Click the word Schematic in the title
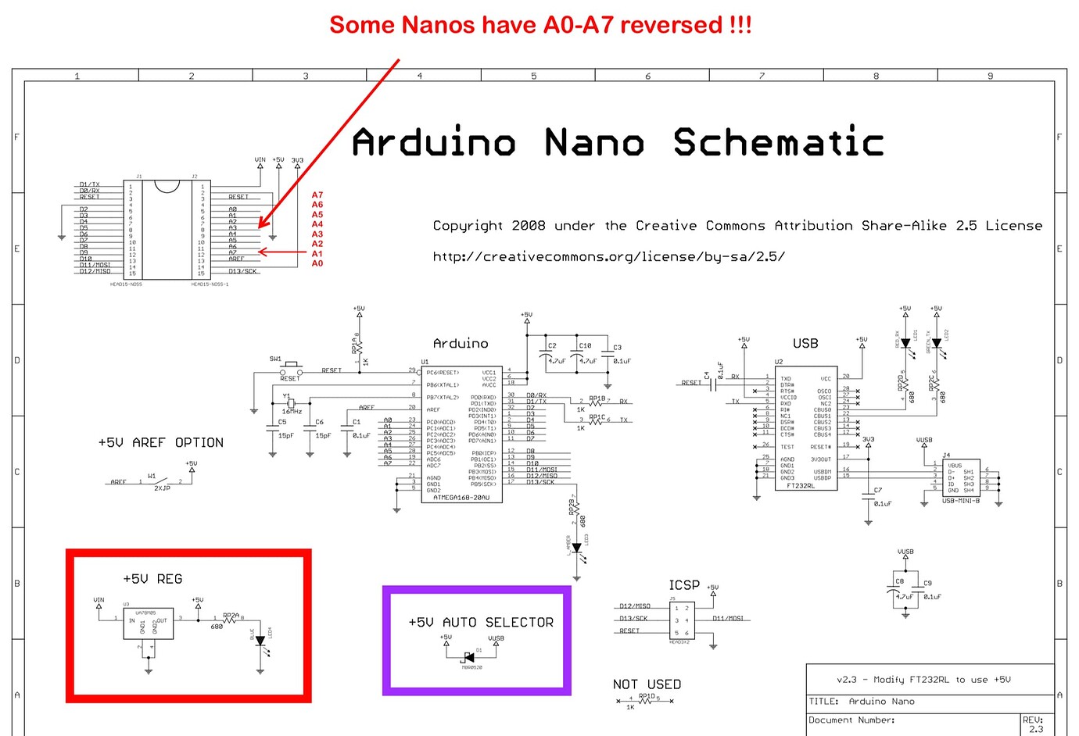pyautogui.click(x=778, y=143)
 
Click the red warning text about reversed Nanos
pyautogui.click(x=540, y=25)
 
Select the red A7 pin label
pyautogui.click(x=317, y=195)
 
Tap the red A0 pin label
pyautogui.click(x=317, y=263)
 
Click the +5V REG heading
pyautogui.click(x=152, y=579)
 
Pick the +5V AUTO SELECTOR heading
pyautogui.click(x=481, y=623)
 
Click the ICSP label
pyautogui.click(x=684, y=585)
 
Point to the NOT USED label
pyautogui.click(x=647, y=684)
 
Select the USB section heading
pyautogui.click(x=805, y=344)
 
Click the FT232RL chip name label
pyautogui.click(x=801, y=486)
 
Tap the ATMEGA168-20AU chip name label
pyautogui.click(x=461, y=497)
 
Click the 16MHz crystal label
pyautogui.click(x=292, y=411)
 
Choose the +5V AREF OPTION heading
pyautogui.click(x=161, y=443)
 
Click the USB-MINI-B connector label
pyautogui.click(x=961, y=501)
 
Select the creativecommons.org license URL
pyautogui.click(x=609, y=257)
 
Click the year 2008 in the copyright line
pyautogui.click(x=529, y=226)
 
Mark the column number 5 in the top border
pyautogui.click(x=534, y=76)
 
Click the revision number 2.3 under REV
pyautogui.click(x=1036, y=729)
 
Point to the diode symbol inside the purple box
pyautogui.click(x=469, y=656)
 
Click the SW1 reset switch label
pyautogui.click(x=275, y=359)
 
